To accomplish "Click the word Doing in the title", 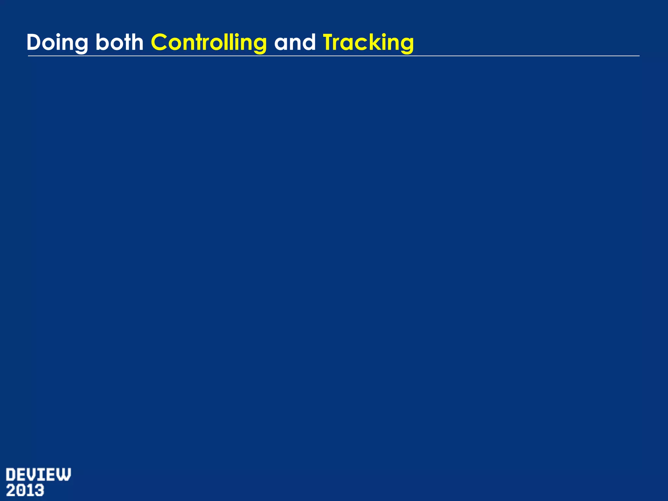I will pos(57,43).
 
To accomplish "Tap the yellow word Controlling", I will pos(209,43).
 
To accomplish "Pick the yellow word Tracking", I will pos(368,43).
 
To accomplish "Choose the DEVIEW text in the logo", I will pos(38,475).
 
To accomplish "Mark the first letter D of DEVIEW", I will pos(11,475).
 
